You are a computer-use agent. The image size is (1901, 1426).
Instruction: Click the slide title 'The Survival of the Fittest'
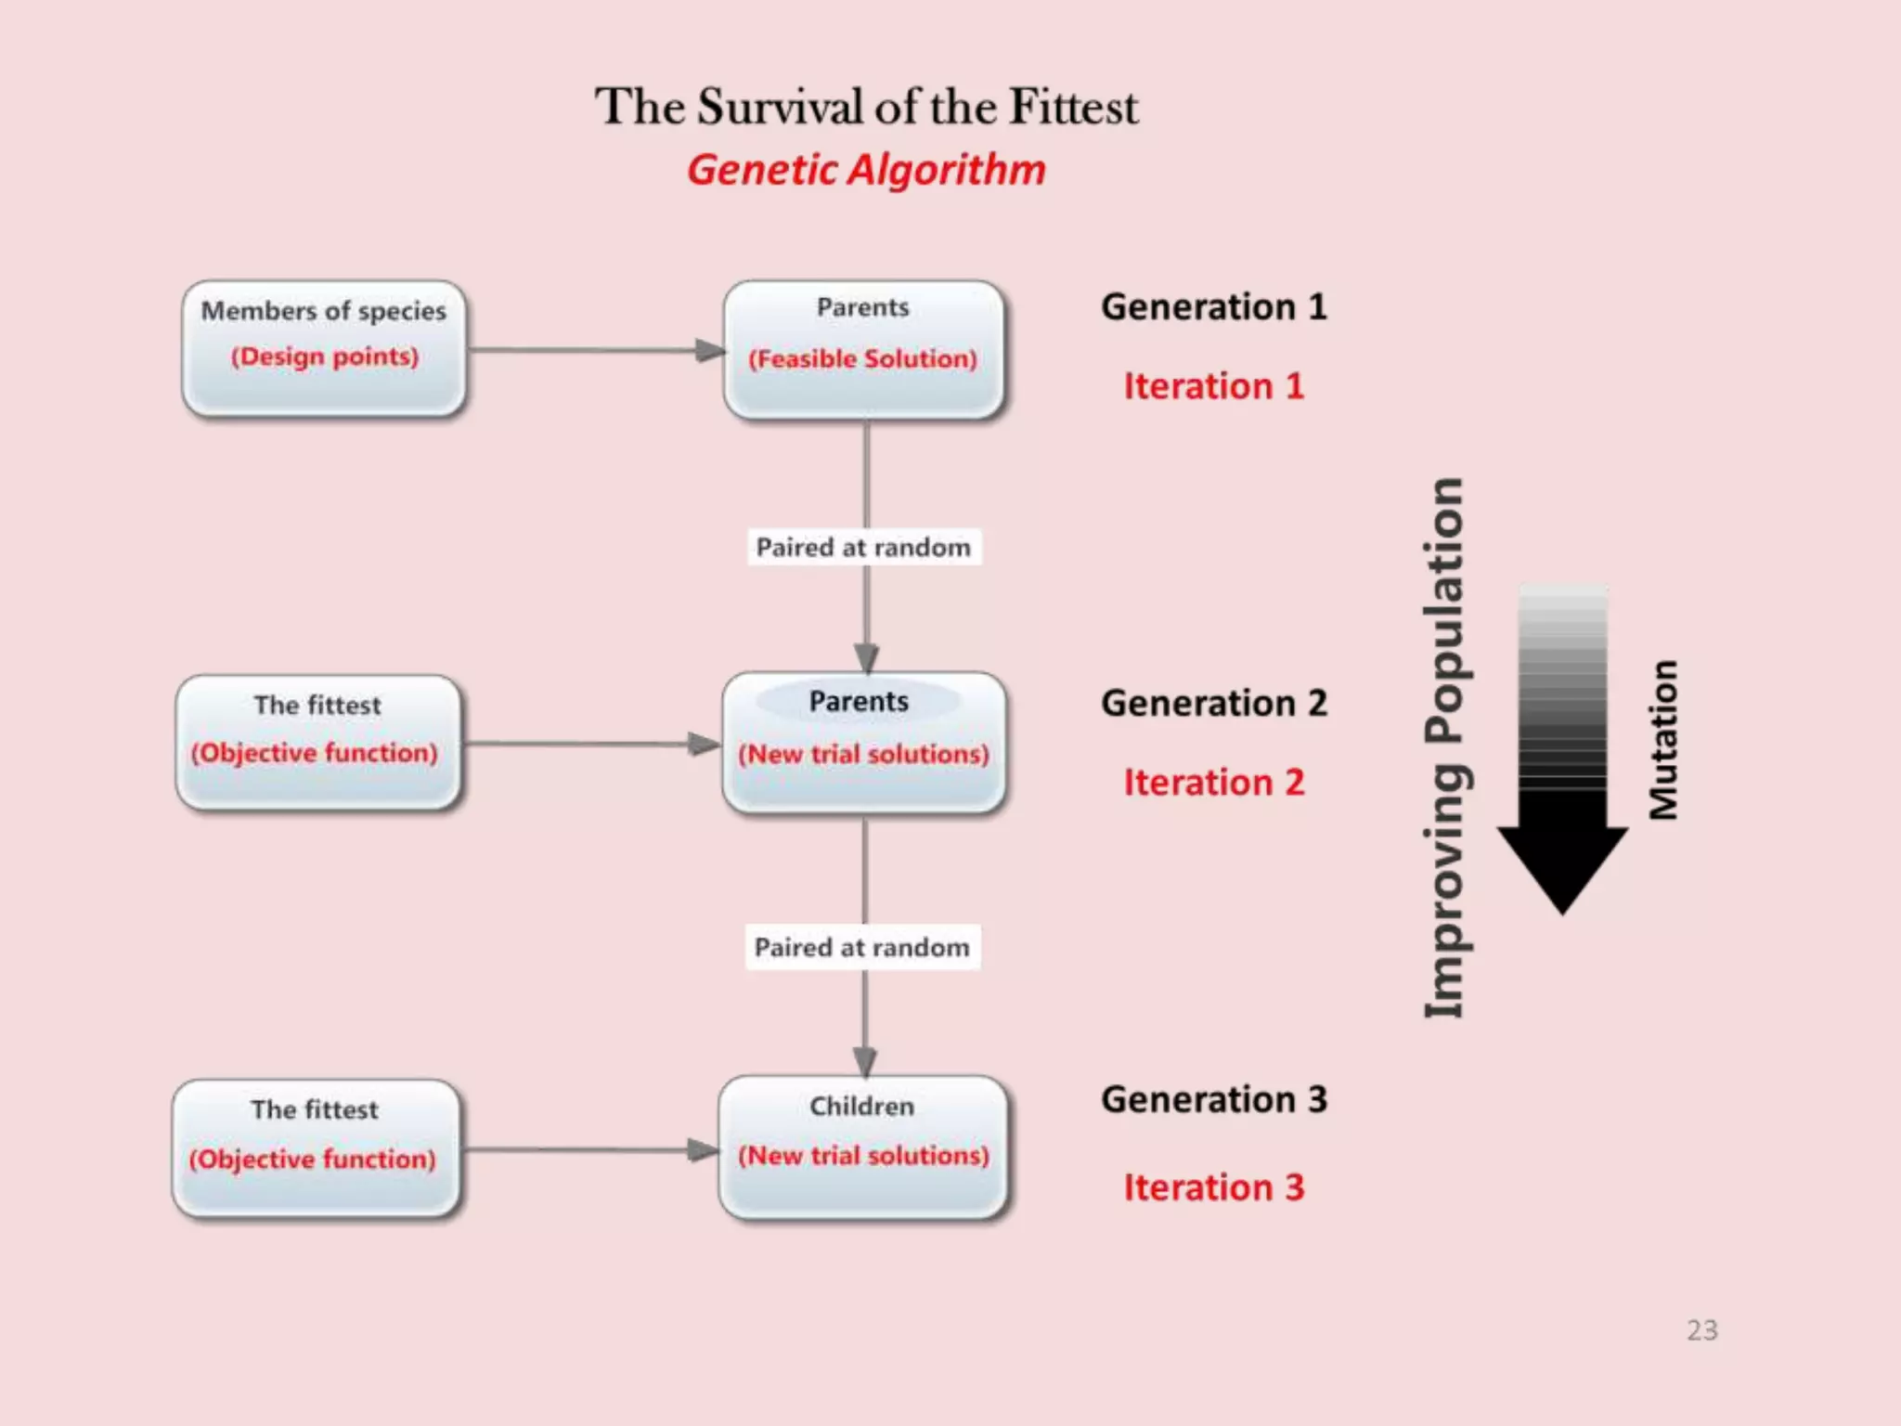pyautogui.click(x=866, y=107)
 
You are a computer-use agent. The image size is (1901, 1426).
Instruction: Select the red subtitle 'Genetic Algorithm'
pyautogui.click(x=866, y=170)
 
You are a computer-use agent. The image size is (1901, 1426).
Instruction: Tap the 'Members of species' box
pyautogui.click(x=324, y=347)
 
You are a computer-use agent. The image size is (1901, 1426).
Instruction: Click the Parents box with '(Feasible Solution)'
pyautogui.click(x=863, y=349)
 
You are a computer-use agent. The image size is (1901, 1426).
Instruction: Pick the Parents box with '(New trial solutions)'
pyautogui.click(x=863, y=743)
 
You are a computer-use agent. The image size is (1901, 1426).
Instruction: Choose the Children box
pyautogui.click(x=862, y=1147)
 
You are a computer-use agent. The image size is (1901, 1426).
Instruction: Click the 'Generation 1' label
pyautogui.click(x=1214, y=307)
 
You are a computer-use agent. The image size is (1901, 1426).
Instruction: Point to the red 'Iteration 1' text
pyautogui.click(x=1214, y=386)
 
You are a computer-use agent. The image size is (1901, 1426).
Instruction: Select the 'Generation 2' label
pyautogui.click(x=1214, y=704)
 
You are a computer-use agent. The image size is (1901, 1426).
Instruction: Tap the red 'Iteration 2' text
pyautogui.click(x=1214, y=783)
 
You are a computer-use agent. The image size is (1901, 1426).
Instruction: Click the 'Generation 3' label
pyautogui.click(x=1214, y=1100)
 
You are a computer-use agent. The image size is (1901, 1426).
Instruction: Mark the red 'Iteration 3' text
pyautogui.click(x=1214, y=1187)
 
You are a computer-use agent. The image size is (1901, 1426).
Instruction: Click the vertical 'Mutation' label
pyautogui.click(x=1663, y=740)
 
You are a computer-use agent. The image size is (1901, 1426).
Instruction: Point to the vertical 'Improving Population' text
pyautogui.click(x=1444, y=747)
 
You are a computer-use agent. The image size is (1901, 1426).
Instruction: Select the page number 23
pyautogui.click(x=1701, y=1330)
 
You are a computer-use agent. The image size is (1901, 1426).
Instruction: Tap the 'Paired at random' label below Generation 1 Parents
pyautogui.click(x=863, y=548)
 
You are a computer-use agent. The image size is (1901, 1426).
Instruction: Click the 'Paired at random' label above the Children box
pyautogui.click(x=862, y=948)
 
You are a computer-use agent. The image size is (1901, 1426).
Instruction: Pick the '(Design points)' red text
pyautogui.click(x=325, y=357)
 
